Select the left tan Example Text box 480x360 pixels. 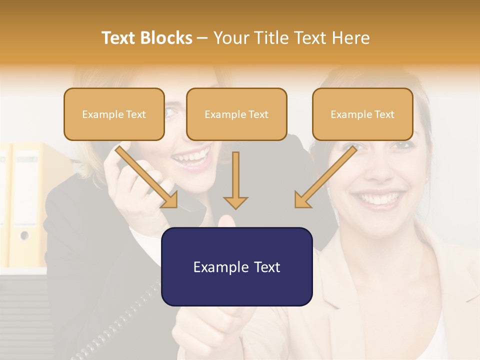click(114, 114)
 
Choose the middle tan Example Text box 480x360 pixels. click(236, 114)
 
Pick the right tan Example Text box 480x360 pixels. click(362, 114)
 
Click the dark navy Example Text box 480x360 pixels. click(236, 266)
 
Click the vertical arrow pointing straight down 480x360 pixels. click(235, 180)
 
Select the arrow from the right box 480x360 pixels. click(325, 177)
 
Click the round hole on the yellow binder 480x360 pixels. click(23, 235)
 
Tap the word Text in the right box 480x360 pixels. click(384, 114)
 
